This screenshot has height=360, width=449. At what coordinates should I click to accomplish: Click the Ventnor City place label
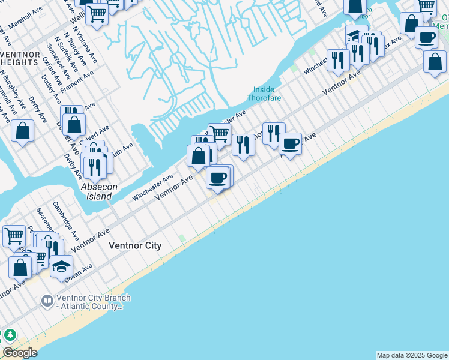[x=135, y=245]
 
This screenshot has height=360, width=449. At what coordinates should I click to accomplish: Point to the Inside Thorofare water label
[x=263, y=94]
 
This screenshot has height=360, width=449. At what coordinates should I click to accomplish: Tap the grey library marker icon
[x=47, y=299]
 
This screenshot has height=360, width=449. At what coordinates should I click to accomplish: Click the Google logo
[x=20, y=353]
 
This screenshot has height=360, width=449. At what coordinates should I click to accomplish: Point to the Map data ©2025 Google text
[x=412, y=355]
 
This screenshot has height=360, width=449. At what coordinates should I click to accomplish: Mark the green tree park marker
[x=10, y=335]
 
